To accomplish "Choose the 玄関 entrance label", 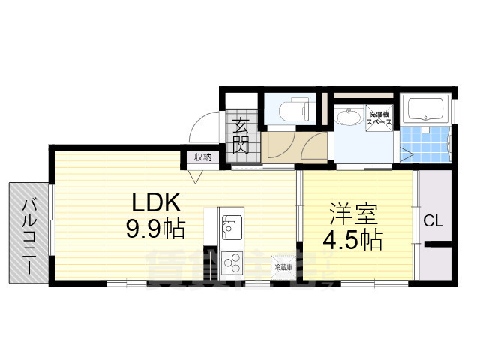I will (241, 136).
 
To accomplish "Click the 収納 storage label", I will (203, 157).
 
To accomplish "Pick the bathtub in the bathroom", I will (425, 110).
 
